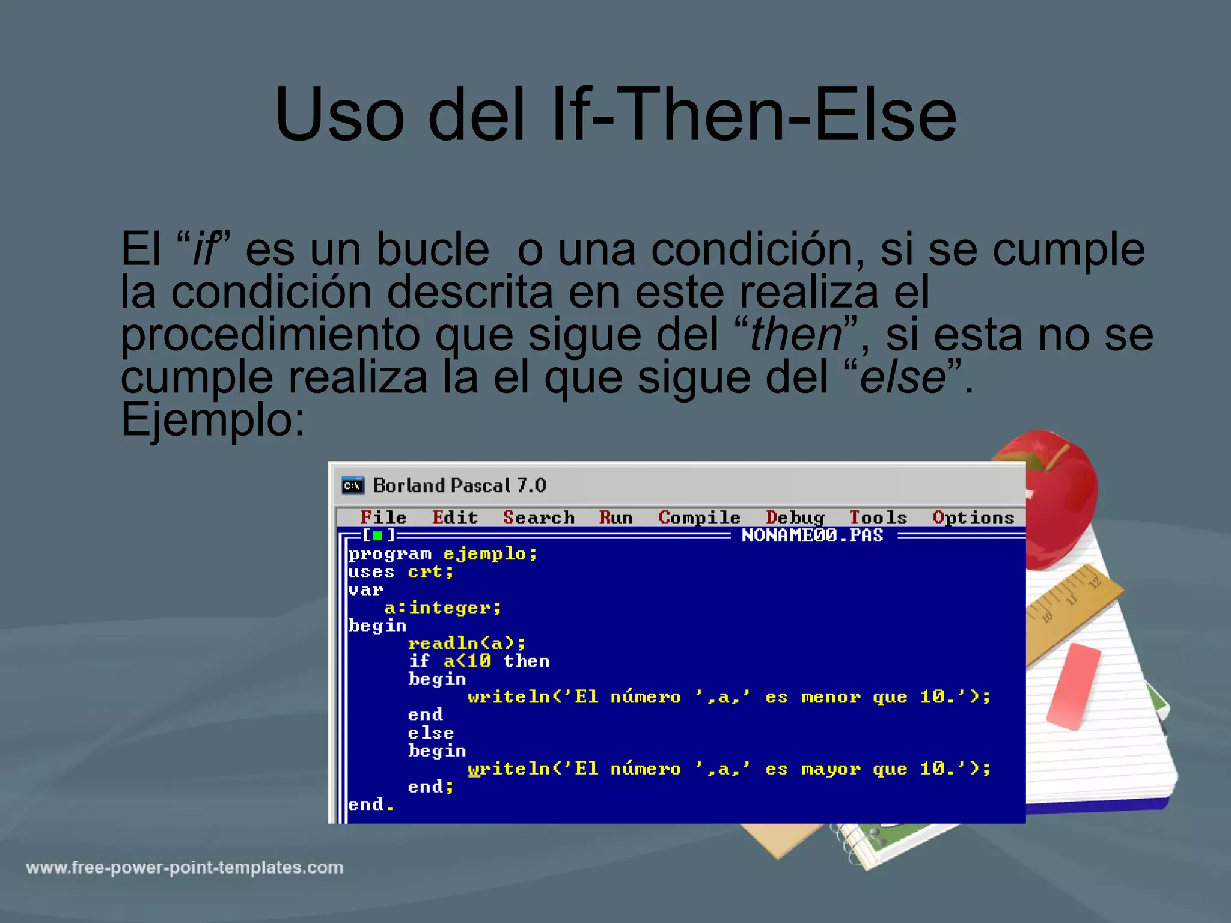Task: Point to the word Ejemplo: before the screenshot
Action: click(x=213, y=419)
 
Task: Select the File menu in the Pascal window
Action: click(x=383, y=517)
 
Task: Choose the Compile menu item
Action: click(x=699, y=517)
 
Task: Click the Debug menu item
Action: click(x=795, y=517)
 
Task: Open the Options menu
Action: click(x=973, y=517)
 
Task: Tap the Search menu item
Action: click(x=539, y=517)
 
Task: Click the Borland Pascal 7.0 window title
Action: click(x=459, y=486)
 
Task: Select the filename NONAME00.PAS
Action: click(x=812, y=535)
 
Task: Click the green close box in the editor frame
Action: click(x=377, y=535)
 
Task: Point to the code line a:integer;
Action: click(x=442, y=608)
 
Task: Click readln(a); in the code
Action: click(x=466, y=644)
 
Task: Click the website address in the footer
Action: click(x=185, y=868)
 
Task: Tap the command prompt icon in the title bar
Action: click(x=353, y=486)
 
